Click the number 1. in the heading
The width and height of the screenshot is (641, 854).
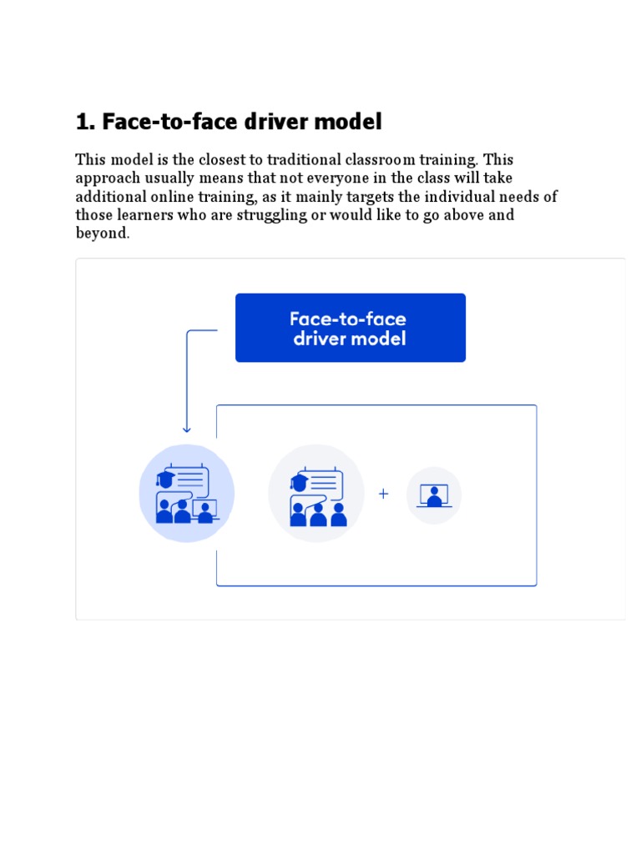85,123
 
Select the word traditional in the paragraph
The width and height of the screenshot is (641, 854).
304,159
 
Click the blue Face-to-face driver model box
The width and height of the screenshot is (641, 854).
351,328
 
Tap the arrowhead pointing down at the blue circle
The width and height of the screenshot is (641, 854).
187,429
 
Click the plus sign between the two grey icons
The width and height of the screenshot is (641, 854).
383,494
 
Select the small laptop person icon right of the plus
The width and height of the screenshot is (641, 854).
434,495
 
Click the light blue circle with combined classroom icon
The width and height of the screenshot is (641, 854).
187,494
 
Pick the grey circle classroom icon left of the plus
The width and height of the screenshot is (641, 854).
316,494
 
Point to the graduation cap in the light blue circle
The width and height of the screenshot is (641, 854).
164,479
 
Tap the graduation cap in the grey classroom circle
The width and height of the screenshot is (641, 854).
299,481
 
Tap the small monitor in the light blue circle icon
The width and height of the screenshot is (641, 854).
204,507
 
